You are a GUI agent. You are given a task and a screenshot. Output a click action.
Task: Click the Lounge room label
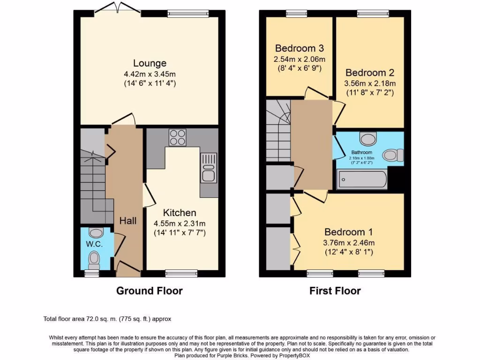[150, 63]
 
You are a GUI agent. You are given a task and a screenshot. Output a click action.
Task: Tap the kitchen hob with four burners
[177, 137]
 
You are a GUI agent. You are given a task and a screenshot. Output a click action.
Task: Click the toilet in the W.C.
[95, 259]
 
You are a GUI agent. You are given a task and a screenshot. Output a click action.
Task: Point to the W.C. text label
[94, 244]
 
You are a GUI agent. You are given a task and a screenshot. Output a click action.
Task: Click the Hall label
[127, 220]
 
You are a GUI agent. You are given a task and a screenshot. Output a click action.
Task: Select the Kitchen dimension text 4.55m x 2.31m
[180, 223]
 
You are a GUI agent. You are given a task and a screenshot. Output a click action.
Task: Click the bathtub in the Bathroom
[362, 180]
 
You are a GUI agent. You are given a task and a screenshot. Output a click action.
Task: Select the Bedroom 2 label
[370, 73]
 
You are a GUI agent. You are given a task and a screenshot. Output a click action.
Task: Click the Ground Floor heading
[149, 291]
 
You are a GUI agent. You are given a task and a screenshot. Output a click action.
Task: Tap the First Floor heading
[335, 291]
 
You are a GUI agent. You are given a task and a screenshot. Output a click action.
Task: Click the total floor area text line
[107, 319]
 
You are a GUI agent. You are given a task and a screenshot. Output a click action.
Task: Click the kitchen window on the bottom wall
[181, 273]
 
